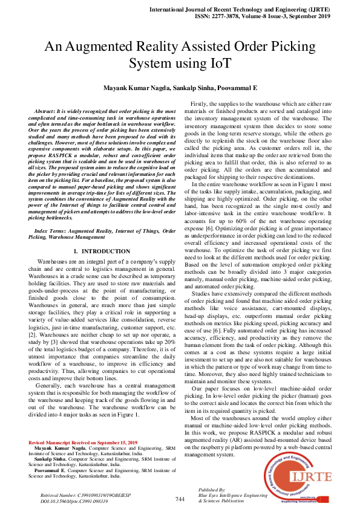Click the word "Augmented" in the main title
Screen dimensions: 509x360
[98, 46]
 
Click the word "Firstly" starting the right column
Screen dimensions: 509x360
[200, 105]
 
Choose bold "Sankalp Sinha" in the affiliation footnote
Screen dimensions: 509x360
[48, 459]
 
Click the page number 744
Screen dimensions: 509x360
[180, 499]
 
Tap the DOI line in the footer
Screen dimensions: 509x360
[74, 501]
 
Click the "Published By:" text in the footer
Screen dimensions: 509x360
[212, 489]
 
